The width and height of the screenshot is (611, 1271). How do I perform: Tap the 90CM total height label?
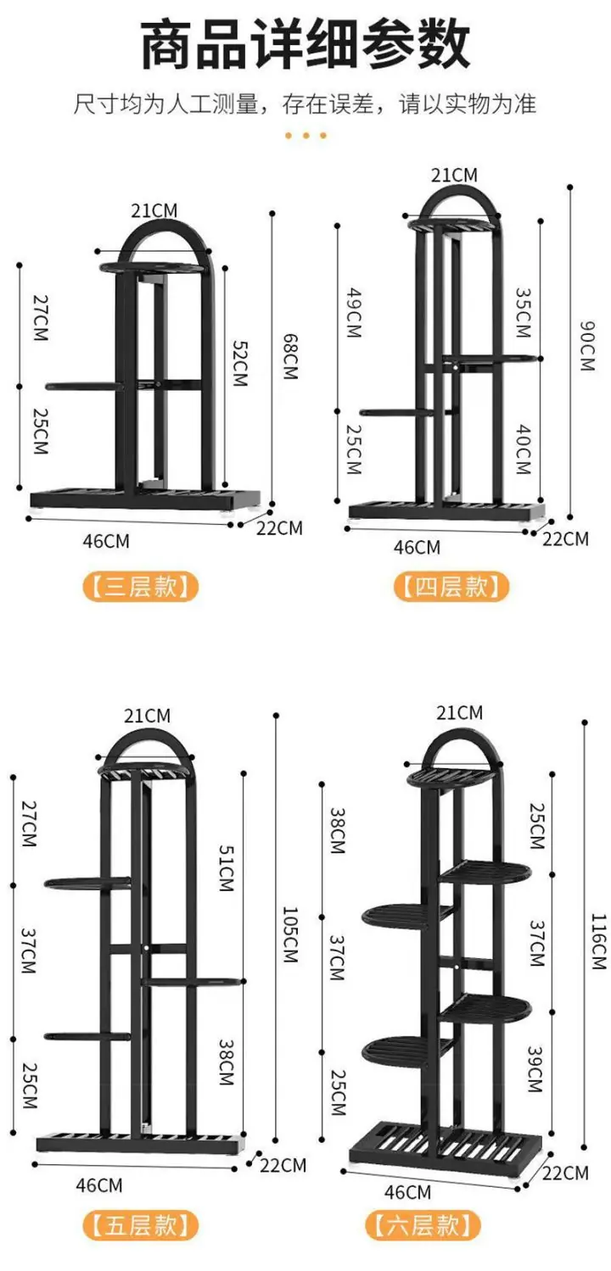[x=588, y=346]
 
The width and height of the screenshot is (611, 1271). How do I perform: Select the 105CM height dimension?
[x=290, y=934]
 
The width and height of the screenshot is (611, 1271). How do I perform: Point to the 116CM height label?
[x=599, y=942]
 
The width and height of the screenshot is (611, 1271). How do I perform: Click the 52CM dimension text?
[x=241, y=363]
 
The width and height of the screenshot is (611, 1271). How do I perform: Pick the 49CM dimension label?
[x=355, y=313]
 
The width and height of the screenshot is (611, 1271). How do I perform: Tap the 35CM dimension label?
[x=524, y=313]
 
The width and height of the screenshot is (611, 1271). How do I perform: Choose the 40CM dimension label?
[x=524, y=449]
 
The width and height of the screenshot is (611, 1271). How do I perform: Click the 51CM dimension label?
[x=227, y=868]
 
